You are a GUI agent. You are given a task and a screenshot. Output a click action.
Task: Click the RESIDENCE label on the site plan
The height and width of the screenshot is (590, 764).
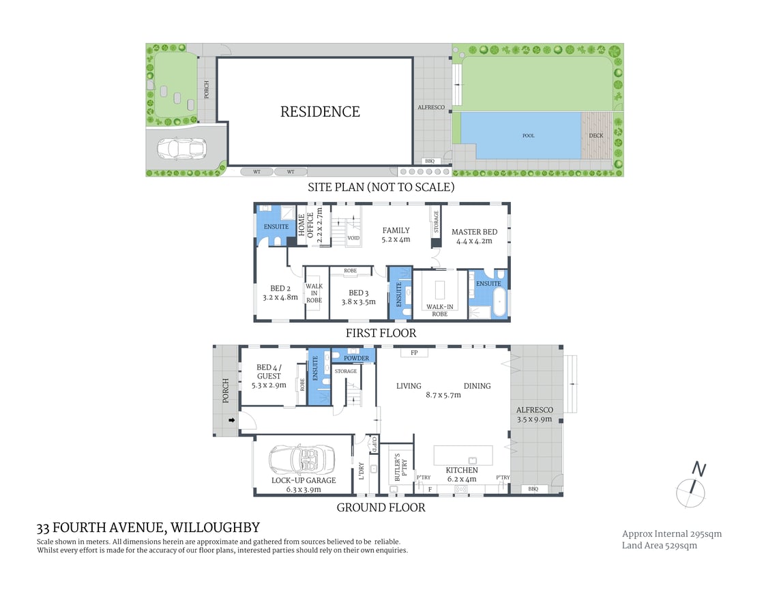pyautogui.click(x=320, y=111)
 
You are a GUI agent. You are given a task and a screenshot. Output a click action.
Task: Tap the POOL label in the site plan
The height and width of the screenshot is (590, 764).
pyautogui.click(x=528, y=136)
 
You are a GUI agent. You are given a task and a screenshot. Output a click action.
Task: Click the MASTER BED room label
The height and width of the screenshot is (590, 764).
pyautogui.click(x=474, y=232)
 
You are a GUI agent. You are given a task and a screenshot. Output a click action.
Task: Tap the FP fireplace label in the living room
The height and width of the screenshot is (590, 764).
pyautogui.click(x=414, y=353)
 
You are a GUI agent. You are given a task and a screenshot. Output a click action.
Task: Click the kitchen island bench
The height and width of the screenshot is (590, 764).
pyautogui.click(x=464, y=455)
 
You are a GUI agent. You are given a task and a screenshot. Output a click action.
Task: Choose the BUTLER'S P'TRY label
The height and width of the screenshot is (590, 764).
pyautogui.click(x=397, y=468)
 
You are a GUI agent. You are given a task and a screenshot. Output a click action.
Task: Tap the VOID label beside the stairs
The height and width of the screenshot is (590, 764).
pyautogui.click(x=353, y=238)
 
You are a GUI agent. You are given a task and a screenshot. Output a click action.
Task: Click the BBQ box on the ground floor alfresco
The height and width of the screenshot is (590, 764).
pyautogui.click(x=533, y=489)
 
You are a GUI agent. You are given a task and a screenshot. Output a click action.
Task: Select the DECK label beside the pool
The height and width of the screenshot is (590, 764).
pyautogui.click(x=596, y=136)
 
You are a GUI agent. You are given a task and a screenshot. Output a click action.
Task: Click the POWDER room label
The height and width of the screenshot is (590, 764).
pyautogui.click(x=356, y=358)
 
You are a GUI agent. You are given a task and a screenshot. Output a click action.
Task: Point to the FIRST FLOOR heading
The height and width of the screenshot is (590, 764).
pyautogui.click(x=380, y=333)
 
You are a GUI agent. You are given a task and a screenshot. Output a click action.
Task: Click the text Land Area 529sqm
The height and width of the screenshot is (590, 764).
pyautogui.click(x=660, y=545)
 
